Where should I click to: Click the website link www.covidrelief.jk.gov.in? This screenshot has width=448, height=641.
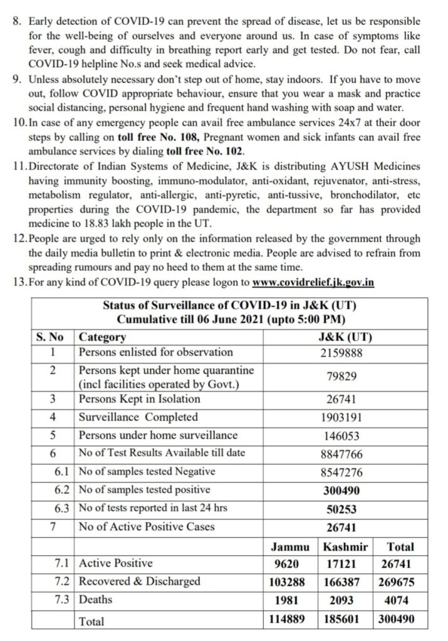click(x=313, y=282)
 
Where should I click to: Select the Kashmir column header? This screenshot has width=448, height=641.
click(x=345, y=546)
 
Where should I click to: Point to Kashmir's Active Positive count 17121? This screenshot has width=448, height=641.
click(x=345, y=563)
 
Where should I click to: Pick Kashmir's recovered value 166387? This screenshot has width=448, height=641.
click(x=345, y=582)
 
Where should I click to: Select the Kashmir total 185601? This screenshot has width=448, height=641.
click(x=345, y=619)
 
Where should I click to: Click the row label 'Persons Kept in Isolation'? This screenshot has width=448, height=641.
click(x=139, y=399)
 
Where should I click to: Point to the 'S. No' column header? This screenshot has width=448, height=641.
click(x=51, y=337)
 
